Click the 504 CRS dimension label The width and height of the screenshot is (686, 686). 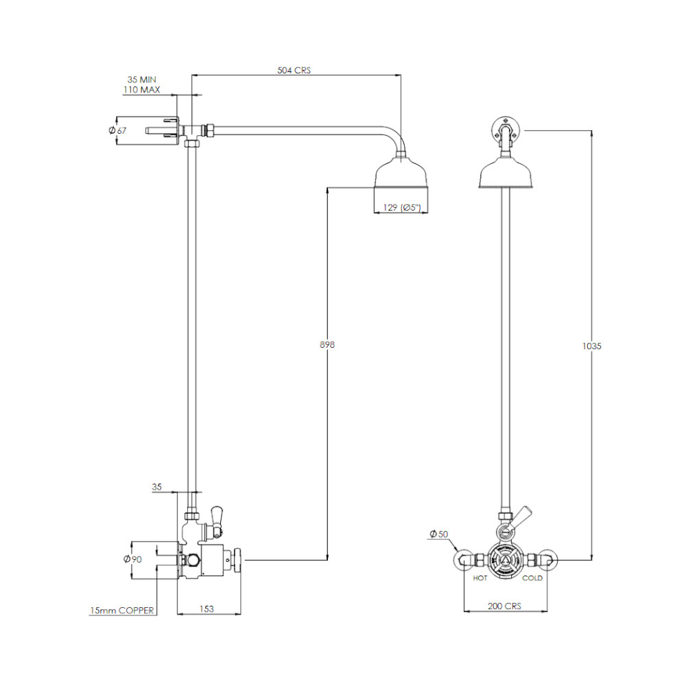coord(294,70)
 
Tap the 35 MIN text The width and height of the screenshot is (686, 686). coord(142,80)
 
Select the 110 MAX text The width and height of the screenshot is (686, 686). coord(142,90)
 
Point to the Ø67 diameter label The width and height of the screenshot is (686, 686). coord(117,130)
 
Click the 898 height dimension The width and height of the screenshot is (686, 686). coord(327,345)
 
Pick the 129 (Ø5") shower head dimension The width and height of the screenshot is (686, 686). coord(402,207)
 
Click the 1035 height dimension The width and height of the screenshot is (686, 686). coord(592,346)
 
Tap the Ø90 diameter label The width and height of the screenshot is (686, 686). coord(133,559)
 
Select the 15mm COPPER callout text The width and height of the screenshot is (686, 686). coord(122,611)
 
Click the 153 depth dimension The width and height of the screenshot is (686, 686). coord(206,608)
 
